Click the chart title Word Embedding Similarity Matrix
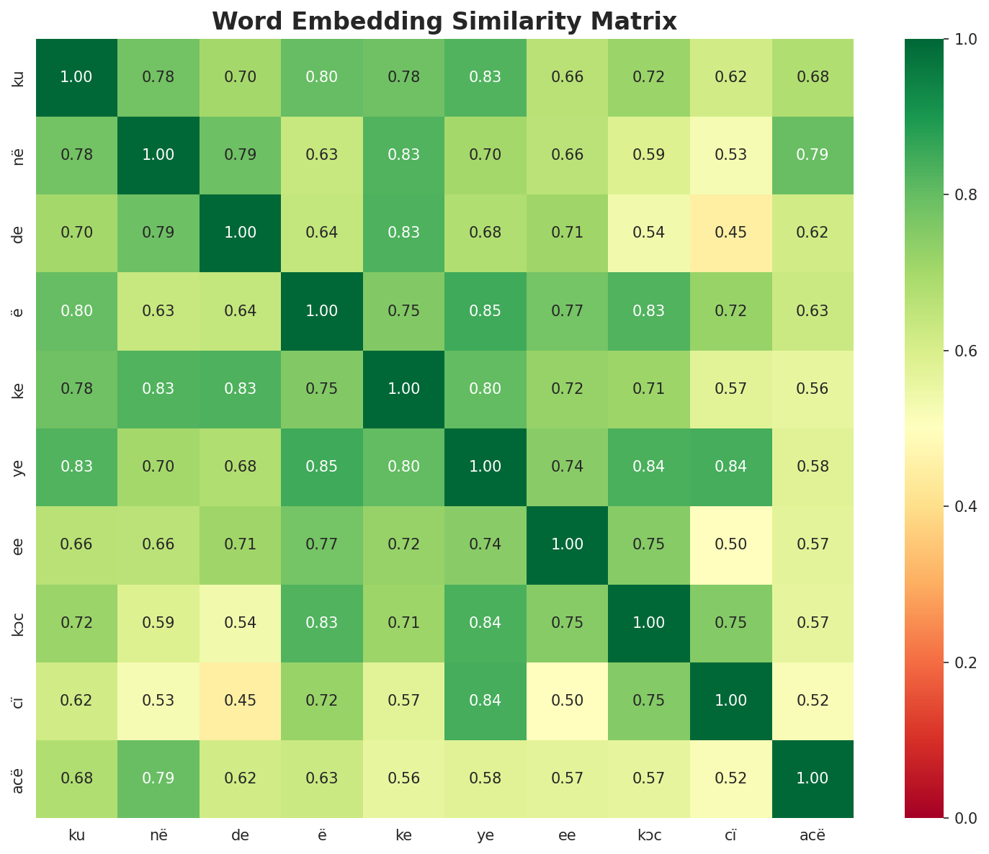444,22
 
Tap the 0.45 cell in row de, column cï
731,233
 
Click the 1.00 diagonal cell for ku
76,77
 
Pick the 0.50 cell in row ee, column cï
731,544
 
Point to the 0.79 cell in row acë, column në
158,778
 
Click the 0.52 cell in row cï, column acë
813,701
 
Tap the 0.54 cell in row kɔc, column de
240,623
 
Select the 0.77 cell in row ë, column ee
568,311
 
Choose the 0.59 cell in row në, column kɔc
649,155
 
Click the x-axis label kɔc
649,835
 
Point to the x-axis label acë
813,835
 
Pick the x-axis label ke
403,835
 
